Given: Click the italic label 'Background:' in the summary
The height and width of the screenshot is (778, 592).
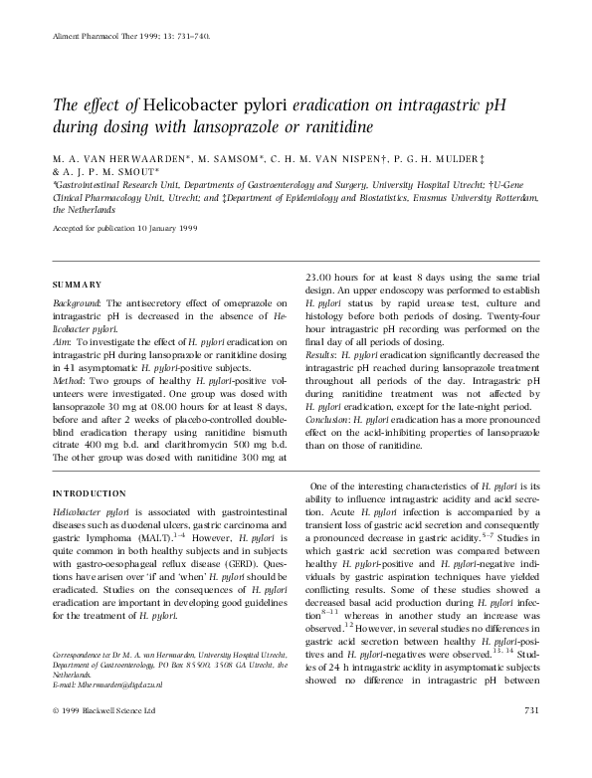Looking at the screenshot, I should coord(75,302).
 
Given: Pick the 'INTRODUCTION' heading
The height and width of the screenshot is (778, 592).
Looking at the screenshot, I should coord(88,493).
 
